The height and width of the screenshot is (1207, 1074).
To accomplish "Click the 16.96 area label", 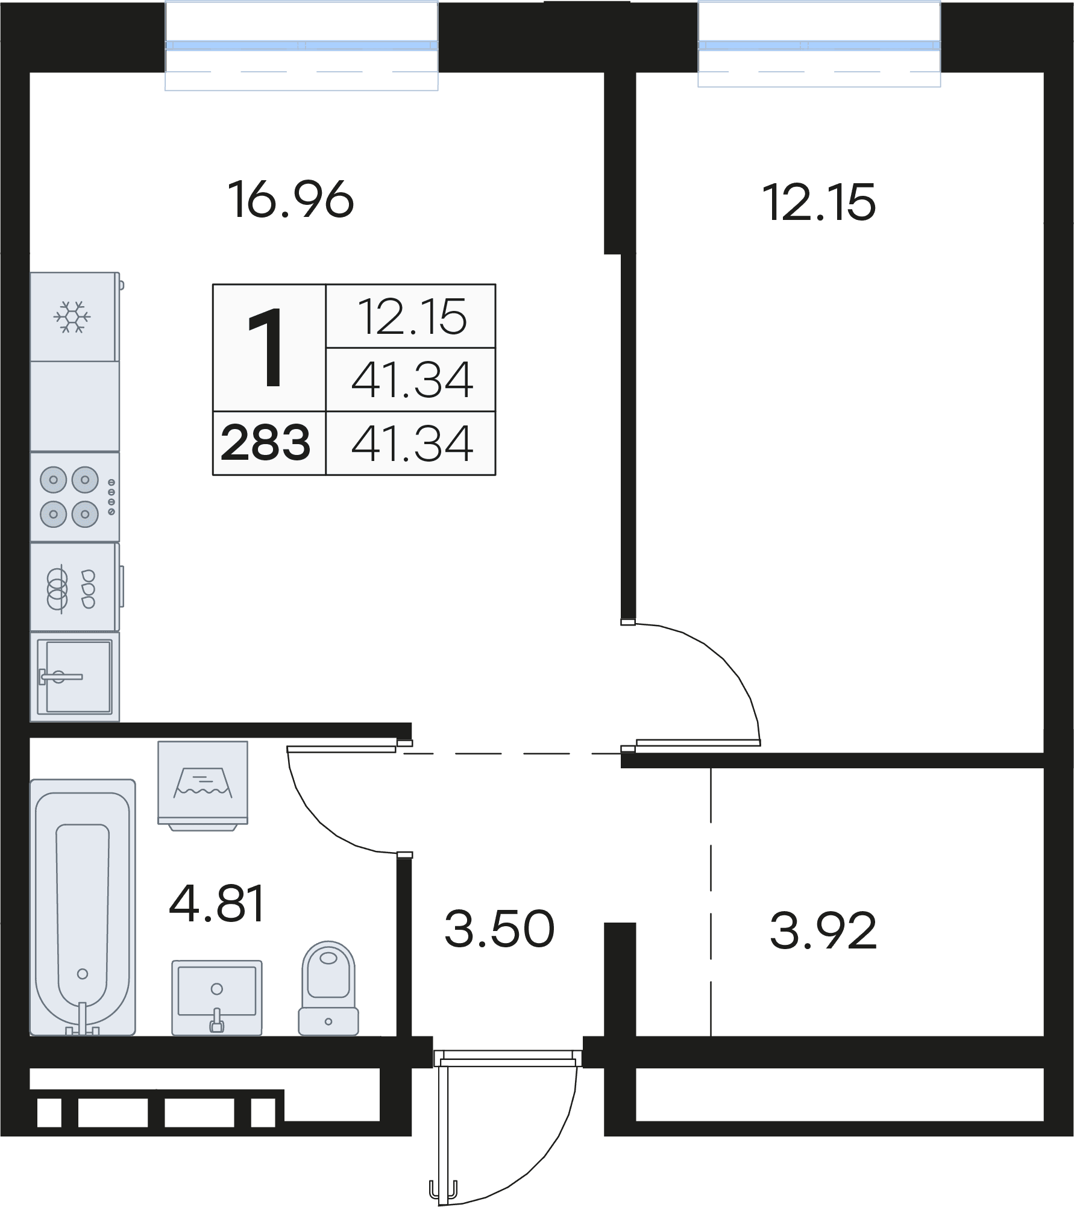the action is coord(291,200).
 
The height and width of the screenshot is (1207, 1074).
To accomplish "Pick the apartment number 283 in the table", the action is coord(266,442).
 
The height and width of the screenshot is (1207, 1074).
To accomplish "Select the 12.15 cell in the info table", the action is coord(412,316).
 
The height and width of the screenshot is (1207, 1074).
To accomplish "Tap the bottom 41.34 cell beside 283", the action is coord(412,443).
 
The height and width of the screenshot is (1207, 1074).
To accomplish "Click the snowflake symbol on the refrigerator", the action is coord(72,316).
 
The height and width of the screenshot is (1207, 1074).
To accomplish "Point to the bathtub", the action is coord(83,908).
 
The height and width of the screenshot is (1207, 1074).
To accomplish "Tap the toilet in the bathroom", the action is coord(328,988).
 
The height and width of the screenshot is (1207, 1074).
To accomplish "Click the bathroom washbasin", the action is coord(217,998).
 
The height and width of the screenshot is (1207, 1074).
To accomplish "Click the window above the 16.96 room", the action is coord(301,45).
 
